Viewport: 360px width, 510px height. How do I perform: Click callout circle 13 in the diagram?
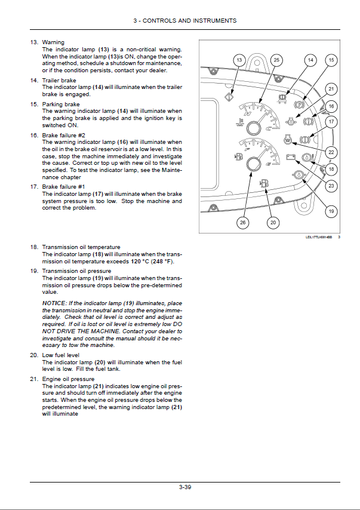pos(239,60)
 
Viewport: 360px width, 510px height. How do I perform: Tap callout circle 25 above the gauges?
pos(276,60)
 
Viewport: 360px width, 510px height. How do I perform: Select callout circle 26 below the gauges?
pos(242,222)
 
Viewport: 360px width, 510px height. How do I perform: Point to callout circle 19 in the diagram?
pos(331,211)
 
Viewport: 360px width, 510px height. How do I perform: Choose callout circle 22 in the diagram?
pos(331,152)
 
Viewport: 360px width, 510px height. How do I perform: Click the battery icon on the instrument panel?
pos(292,158)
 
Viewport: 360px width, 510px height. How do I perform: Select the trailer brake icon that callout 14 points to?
pos(285,94)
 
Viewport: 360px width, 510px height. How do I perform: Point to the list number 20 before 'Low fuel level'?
pos(33,355)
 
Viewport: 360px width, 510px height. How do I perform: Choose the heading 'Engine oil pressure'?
pos(68,379)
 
